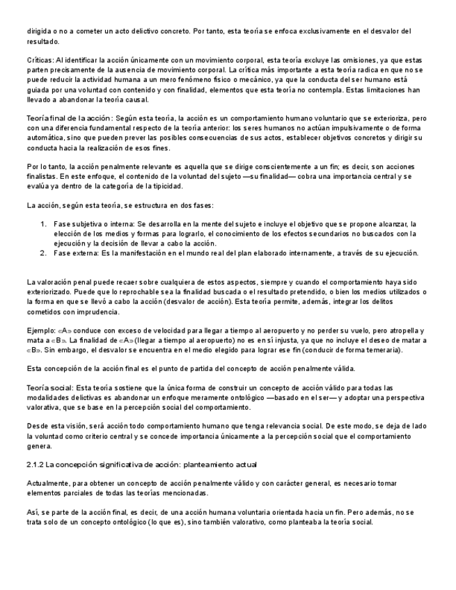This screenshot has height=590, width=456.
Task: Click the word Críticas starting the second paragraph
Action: point(40,61)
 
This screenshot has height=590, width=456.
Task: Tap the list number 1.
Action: point(43,224)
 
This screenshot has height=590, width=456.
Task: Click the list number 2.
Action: point(43,253)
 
